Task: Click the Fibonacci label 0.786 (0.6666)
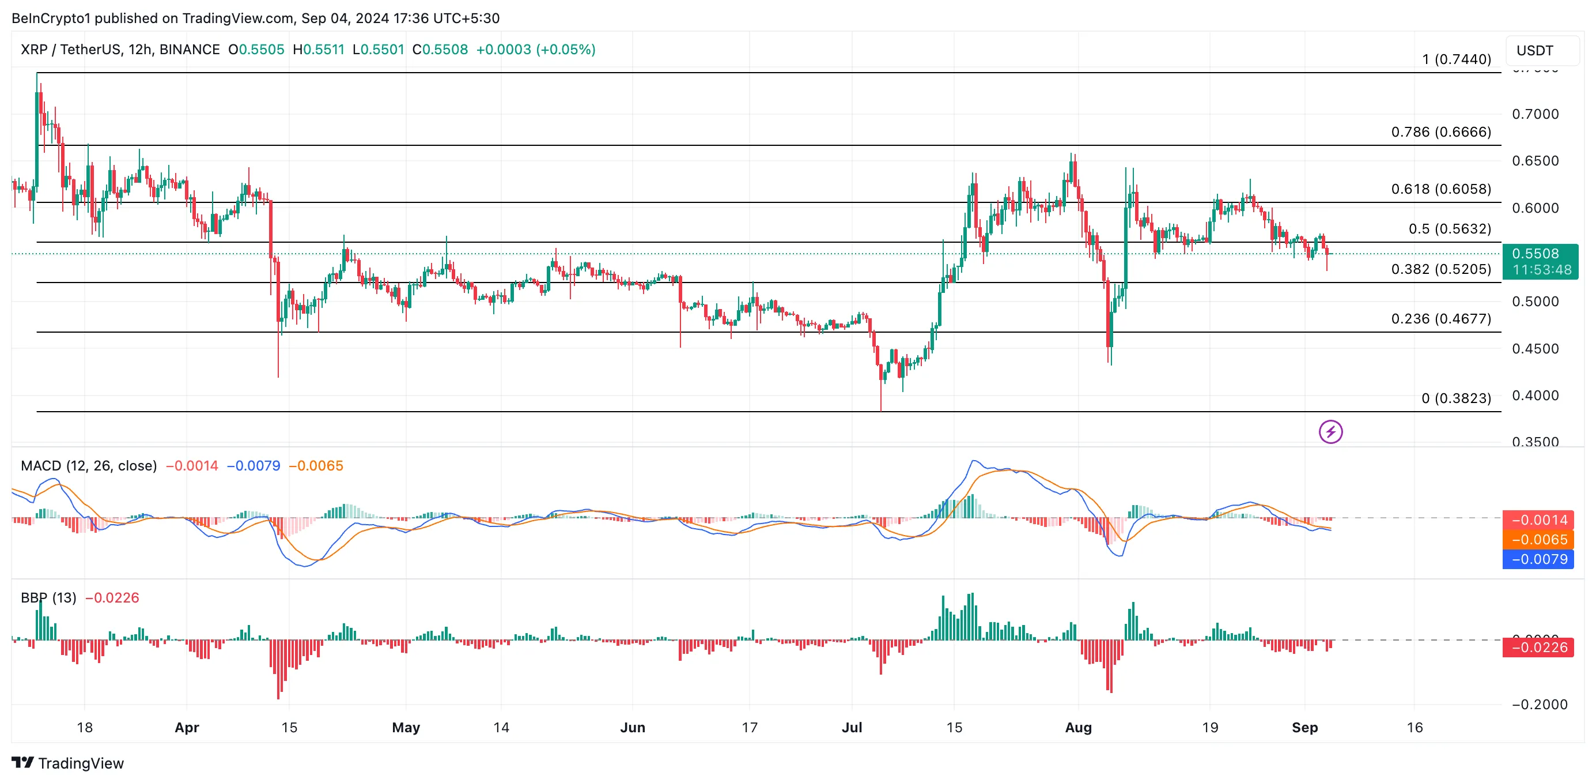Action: (x=1440, y=132)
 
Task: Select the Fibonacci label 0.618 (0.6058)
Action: (x=1440, y=189)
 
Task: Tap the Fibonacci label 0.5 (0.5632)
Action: (x=1449, y=229)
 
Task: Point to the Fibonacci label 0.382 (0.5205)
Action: (x=1440, y=269)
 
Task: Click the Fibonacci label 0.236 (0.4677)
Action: (x=1440, y=319)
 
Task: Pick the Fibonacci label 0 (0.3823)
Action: (x=1455, y=398)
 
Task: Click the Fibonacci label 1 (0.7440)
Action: (x=1456, y=59)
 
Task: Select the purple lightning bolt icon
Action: (x=1330, y=431)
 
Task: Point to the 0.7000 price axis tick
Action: (x=1535, y=114)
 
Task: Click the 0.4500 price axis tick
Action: (x=1535, y=348)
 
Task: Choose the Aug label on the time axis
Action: (x=1078, y=727)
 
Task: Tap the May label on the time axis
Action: (x=406, y=727)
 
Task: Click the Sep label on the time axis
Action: (x=1304, y=727)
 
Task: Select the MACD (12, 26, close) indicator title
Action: (x=89, y=465)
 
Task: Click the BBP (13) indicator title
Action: (x=48, y=598)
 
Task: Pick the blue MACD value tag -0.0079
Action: (x=1538, y=559)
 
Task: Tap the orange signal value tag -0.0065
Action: (x=1538, y=539)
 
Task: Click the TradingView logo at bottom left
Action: (x=67, y=763)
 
